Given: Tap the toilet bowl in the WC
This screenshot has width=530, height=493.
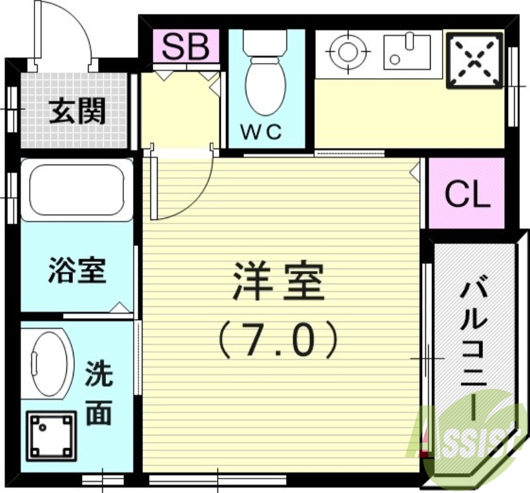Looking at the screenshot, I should pyautogui.click(x=265, y=86).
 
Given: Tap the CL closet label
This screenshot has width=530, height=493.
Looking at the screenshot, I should pyautogui.click(x=466, y=194).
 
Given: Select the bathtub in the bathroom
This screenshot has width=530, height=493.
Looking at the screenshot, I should pyautogui.click(x=77, y=190).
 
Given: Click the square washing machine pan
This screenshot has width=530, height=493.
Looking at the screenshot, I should pyautogui.click(x=50, y=434).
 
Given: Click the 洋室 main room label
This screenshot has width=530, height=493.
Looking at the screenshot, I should pyautogui.click(x=278, y=282).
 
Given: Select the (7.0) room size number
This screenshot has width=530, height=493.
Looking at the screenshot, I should pyautogui.click(x=278, y=339).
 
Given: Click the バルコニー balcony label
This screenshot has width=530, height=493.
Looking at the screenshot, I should pyautogui.click(x=474, y=345).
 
